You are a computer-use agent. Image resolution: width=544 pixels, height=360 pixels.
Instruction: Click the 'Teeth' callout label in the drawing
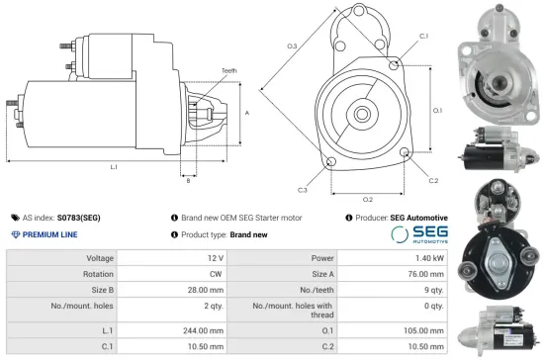pos(228,71)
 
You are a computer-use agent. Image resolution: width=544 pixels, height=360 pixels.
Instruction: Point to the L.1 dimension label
pos(114,167)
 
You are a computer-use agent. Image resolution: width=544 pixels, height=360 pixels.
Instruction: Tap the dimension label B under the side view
pos(189,181)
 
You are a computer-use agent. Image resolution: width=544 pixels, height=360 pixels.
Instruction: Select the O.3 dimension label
pos(292,46)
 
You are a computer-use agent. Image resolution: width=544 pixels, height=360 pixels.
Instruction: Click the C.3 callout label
pos(302,189)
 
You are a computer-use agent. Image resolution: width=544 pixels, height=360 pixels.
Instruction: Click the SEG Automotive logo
pos(419,235)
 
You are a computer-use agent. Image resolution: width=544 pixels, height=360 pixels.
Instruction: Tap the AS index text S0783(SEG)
pos(78,217)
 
